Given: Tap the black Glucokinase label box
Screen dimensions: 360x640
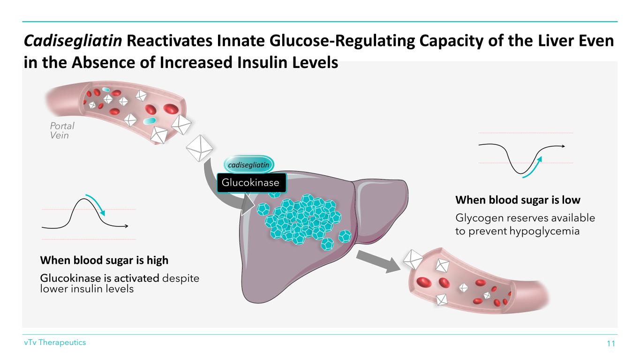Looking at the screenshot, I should point(250,182).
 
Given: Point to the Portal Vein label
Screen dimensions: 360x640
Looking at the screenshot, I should point(62,130).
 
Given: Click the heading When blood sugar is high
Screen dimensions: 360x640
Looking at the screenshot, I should point(104,260).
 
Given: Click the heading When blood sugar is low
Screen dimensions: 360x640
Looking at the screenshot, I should point(518,200).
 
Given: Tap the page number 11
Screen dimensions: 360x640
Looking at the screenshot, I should point(610,344).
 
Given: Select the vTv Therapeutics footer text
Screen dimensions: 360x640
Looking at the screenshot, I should point(55,343).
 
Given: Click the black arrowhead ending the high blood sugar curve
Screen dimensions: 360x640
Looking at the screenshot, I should point(126,226).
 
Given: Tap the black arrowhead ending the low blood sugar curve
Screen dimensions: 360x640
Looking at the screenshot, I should point(563,146).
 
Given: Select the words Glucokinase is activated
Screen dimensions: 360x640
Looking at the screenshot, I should point(100,278).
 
